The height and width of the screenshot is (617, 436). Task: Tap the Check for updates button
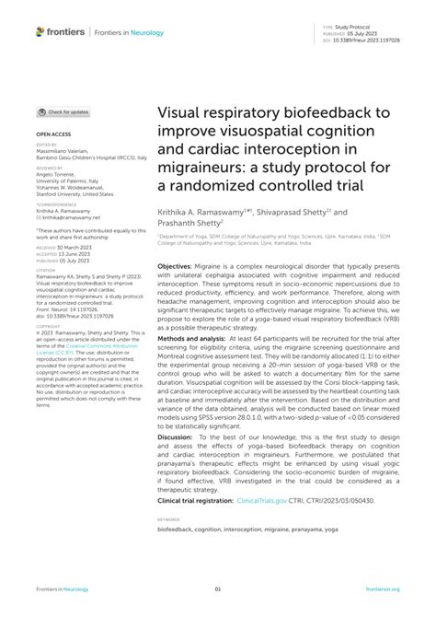coord(63,111)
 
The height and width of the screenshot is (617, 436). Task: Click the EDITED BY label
coord(47,144)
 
